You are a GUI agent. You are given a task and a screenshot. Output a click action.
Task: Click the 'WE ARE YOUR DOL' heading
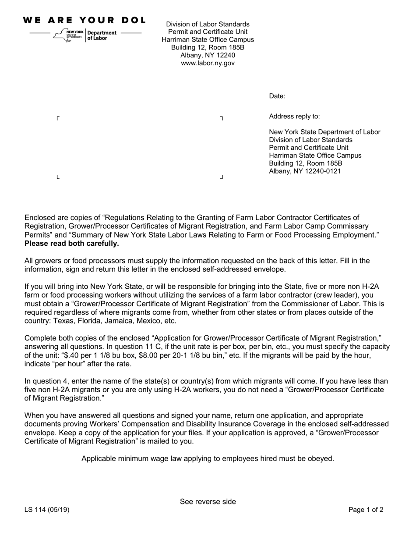point(84,20)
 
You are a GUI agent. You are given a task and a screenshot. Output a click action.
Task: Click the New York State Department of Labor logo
point(86,35)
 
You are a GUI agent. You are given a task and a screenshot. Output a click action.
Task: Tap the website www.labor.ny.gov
point(208,63)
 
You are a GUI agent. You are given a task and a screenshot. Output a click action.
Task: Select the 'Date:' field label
point(277,96)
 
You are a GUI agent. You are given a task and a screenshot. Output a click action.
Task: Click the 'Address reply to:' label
point(294,116)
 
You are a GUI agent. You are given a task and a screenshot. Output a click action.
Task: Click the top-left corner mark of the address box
point(58,118)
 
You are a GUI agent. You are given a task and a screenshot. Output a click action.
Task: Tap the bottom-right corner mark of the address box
point(222,177)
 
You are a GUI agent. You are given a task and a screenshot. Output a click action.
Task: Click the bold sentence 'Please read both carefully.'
point(71,243)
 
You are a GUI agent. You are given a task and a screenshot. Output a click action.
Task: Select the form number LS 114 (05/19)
point(47,510)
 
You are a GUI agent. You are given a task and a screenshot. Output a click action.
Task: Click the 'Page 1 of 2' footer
point(366,510)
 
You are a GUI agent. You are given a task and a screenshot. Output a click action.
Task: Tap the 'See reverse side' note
point(208,502)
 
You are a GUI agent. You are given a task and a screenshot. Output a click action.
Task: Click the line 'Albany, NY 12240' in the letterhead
point(208,55)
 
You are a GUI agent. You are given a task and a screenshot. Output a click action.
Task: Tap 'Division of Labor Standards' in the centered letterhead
point(208,24)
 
